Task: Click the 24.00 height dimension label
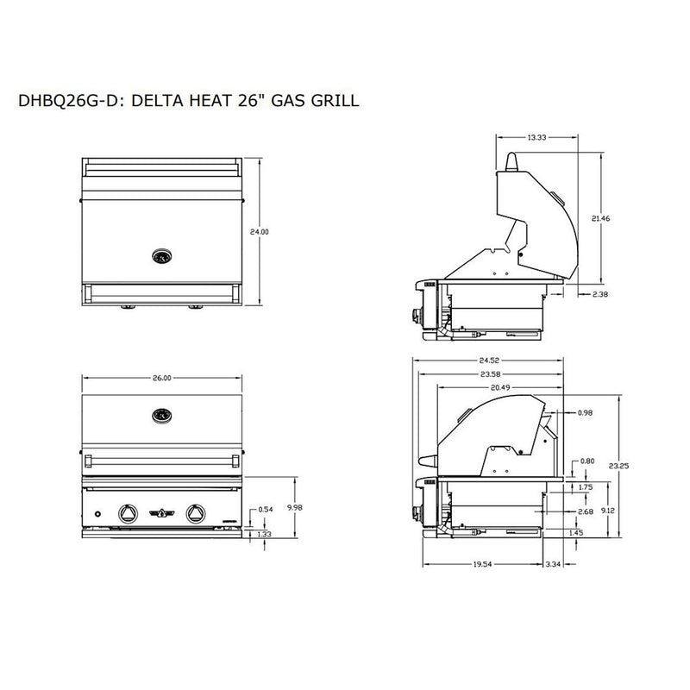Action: click(x=259, y=232)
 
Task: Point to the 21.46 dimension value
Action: click(x=615, y=219)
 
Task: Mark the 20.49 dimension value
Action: click(x=501, y=388)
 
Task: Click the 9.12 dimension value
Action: click(x=608, y=510)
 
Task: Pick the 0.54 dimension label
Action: click(x=267, y=510)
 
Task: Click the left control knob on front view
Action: click(x=127, y=513)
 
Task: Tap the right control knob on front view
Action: click(x=194, y=513)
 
